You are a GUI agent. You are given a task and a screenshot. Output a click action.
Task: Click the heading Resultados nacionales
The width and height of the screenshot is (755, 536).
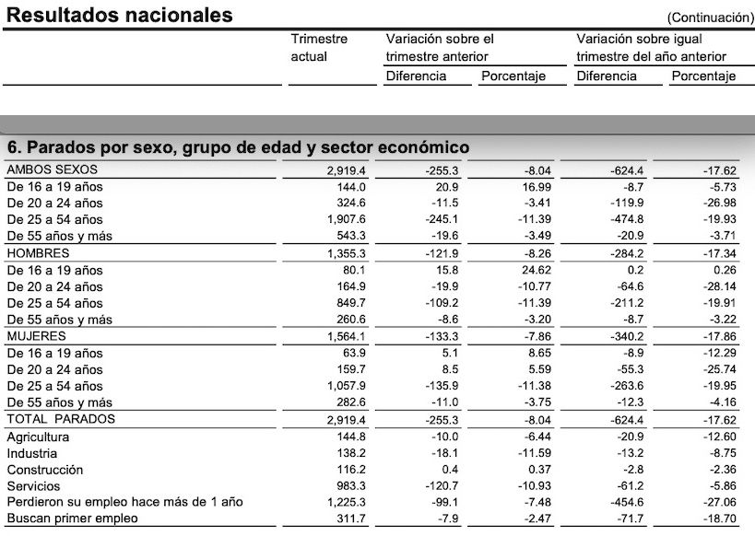click(x=121, y=15)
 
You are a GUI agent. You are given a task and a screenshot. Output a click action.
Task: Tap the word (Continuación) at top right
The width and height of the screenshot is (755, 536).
click(x=711, y=17)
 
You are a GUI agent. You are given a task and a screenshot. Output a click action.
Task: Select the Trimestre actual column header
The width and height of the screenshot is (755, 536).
click(x=319, y=48)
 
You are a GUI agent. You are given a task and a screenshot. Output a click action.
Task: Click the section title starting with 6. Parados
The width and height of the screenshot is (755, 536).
click(x=238, y=147)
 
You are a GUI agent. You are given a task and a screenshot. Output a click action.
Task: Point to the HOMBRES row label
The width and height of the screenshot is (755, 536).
click(x=38, y=253)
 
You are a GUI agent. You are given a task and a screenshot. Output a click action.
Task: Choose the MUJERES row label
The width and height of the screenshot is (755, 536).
click(x=37, y=336)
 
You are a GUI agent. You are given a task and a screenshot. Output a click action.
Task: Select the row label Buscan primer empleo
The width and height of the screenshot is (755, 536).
click(x=72, y=519)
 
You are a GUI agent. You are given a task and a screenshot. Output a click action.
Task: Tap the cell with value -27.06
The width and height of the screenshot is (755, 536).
click(x=716, y=503)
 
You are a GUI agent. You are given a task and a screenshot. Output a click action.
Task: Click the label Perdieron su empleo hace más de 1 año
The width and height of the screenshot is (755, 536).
click(x=124, y=503)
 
